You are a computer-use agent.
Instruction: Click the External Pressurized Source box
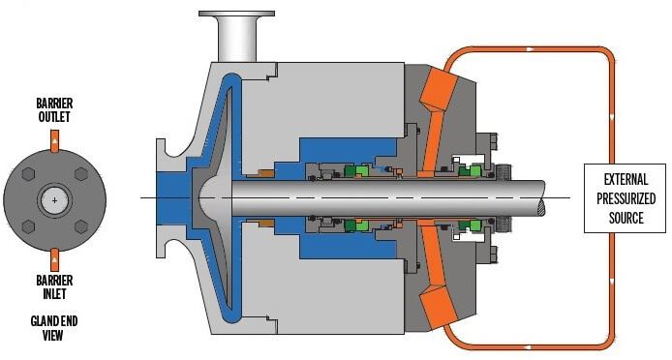point(625,198)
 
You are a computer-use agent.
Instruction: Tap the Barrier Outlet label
point(54,109)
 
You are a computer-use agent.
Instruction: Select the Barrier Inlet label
point(54,287)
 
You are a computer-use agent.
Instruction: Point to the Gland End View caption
point(54,328)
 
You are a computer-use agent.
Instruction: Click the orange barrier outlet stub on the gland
point(55,140)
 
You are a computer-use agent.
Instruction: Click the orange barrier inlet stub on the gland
point(55,259)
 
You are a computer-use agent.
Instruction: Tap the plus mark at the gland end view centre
point(54,200)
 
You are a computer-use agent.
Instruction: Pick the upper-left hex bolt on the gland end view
point(28,174)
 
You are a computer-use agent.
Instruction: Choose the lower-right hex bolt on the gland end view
point(81,226)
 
